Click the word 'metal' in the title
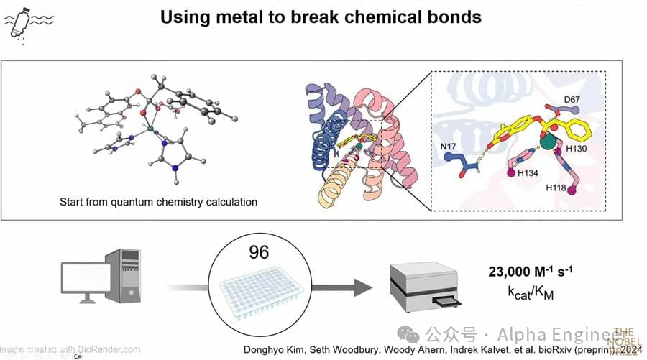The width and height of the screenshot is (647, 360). [x=255, y=17]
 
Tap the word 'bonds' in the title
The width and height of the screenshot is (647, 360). [x=452, y=17]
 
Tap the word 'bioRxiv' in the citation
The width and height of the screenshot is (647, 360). [x=567, y=350]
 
